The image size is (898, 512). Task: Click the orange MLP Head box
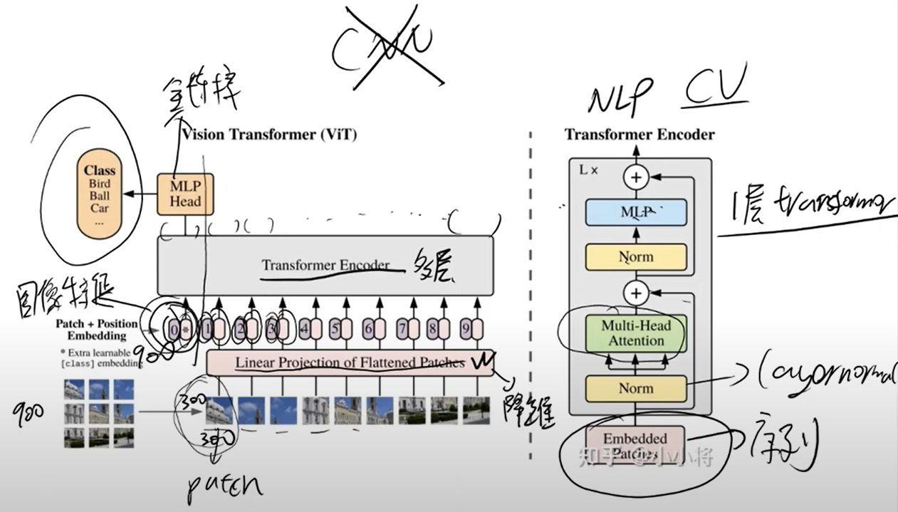185,192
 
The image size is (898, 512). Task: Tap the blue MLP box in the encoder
636,212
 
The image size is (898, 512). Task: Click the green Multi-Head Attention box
636,333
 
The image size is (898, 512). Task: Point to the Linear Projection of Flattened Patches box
350,362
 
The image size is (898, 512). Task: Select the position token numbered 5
335,330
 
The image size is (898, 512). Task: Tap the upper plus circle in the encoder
636,177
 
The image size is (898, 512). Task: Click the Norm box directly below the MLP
636,256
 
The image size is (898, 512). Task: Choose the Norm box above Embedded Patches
636,389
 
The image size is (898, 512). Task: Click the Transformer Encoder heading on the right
639,135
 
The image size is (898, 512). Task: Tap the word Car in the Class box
100,209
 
